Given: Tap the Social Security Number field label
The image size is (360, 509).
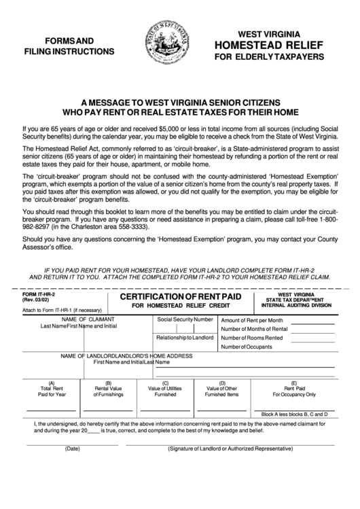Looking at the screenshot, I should point(185,319).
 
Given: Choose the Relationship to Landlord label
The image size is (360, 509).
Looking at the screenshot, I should point(185,337).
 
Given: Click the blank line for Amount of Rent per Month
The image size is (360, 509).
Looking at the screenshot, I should point(314,323).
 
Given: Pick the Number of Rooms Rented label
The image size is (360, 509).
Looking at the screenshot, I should point(251,338).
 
